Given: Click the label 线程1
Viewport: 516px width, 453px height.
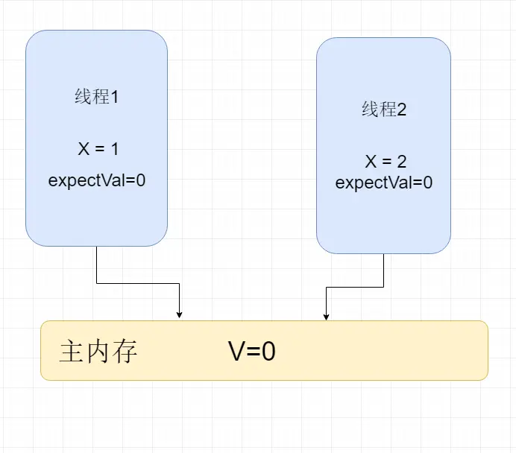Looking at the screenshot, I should pyautogui.click(x=96, y=97).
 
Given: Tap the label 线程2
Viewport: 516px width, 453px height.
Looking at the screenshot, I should pyautogui.click(x=383, y=110).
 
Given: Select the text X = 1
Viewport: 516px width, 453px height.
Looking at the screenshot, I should pyautogui.click(x=98, y=149).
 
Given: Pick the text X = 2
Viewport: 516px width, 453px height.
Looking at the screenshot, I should pyautogui.click(x=385, y=162).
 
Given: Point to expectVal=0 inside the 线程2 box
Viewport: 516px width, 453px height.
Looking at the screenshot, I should pyautogui.click(x=383, y=183).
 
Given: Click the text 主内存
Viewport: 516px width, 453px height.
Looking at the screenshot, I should pyautogui.click(x=98, y=351).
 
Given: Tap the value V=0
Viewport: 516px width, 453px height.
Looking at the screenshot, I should pyautogui.click(x=252, y=351).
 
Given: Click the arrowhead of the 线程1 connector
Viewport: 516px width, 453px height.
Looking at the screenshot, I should pyautogui.click(x=180, y=314).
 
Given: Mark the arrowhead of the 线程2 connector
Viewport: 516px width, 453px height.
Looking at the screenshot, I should pyautogui.click(x=326, y=316).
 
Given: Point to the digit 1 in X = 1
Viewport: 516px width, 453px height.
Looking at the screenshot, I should pyautogui.click(x=114, y=149).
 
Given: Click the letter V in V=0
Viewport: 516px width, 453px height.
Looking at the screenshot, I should pyautogui.click(x=236, y=351).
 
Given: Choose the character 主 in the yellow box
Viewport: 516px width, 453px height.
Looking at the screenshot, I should pyautogui.click(x=72, y=351).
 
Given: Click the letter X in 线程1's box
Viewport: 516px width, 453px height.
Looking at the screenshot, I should pyautogui.click(x=83, y=149).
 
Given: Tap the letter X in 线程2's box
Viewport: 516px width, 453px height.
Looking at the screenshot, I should pyautogui.click(x=370, y=162).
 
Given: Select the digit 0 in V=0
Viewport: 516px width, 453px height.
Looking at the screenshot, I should pyautogui.click(x=268, y=351).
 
